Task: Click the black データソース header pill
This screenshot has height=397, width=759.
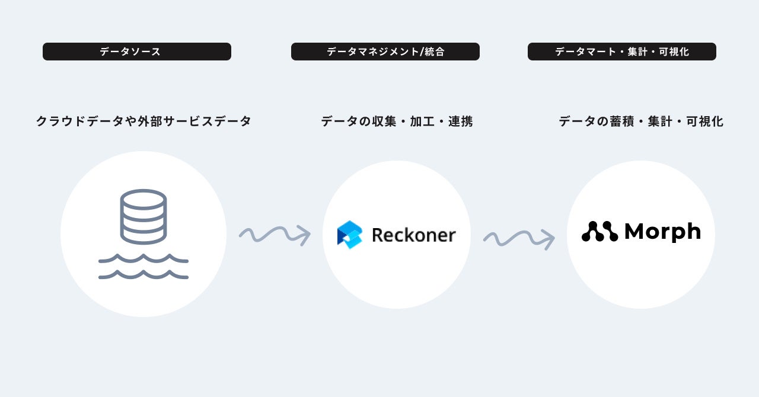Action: coord(136,52)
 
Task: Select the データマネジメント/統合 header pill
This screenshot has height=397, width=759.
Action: coord(385,52)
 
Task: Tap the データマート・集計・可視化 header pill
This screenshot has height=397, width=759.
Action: coord(621,52)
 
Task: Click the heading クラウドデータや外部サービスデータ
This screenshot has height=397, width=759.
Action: coord(143,121)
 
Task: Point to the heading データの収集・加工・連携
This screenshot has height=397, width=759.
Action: coord(397,121)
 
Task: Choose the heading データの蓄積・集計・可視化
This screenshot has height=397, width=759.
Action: coord(640,121)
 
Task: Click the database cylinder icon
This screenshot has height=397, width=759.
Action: coord(143,216)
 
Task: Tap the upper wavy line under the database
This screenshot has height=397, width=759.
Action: coord(143,259)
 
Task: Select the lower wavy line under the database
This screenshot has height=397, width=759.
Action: coord(143,275)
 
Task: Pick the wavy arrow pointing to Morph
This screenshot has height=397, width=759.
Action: coord(519,239)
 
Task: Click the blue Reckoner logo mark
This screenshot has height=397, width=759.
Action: coord(349,235)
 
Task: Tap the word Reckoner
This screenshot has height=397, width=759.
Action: coord(413,235)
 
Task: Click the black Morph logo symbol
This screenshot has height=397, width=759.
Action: coord(599,232)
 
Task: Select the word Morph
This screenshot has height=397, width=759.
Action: coord(662,232)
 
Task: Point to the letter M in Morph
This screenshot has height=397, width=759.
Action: coord(637,231)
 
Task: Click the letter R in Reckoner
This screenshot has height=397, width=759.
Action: coord(378,235)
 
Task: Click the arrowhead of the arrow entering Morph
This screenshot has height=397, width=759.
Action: coord(549,239)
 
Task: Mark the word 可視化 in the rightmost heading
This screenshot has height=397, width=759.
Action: coord(704,121)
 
